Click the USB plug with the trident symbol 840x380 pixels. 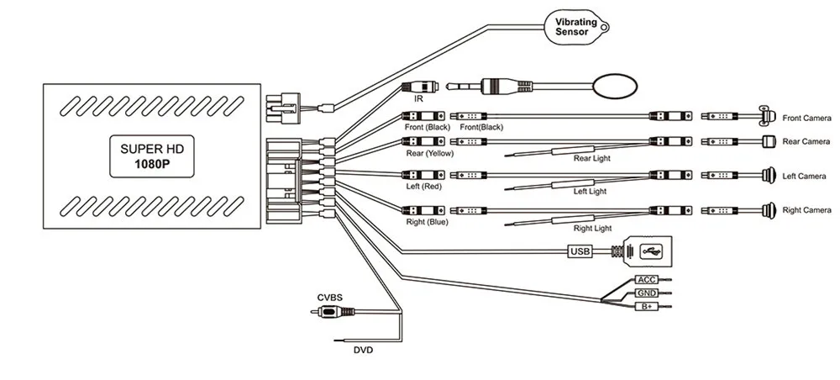[x=648, y=251]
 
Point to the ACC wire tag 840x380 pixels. [x=646, y=279]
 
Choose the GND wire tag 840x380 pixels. [x=646, y=293]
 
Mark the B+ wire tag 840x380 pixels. [x=646, y=307]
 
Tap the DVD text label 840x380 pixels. [x=363, y=349]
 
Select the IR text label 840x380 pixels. [x=417, y=98]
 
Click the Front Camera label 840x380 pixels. [x=806, y=119]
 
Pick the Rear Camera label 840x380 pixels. [x=806, y=142]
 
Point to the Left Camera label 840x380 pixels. [x=806, y=176]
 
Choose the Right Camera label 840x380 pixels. [x=806, y=209]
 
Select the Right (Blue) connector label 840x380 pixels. [x=427, y=222]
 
